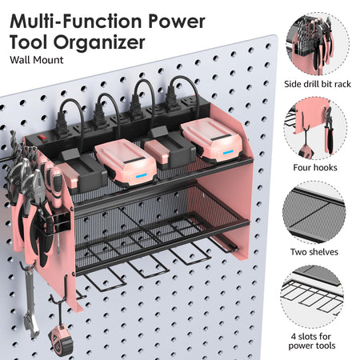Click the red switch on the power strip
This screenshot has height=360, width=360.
pos(42,138)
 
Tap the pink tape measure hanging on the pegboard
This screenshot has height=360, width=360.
pos(61,342)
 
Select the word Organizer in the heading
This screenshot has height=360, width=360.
pos(99,42)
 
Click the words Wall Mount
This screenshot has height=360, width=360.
pos(37,60)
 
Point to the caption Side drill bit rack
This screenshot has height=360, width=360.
pos(318,84)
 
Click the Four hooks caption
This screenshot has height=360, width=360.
pos(315,167)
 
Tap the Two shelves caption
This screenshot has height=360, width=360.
pos(314,252)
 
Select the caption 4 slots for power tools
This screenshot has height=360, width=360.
pos(312,341)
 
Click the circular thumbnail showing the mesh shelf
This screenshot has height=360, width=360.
pos(314,212)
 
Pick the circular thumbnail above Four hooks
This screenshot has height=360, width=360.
pos(315,129)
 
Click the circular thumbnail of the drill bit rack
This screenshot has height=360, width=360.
pos(318,44)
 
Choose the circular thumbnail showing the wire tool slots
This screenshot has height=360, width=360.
pos(312,296)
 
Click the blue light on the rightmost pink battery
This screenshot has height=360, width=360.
pos(228,152)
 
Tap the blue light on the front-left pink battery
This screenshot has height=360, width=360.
pos(141,175)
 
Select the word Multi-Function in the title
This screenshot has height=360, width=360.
pos(75,22)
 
